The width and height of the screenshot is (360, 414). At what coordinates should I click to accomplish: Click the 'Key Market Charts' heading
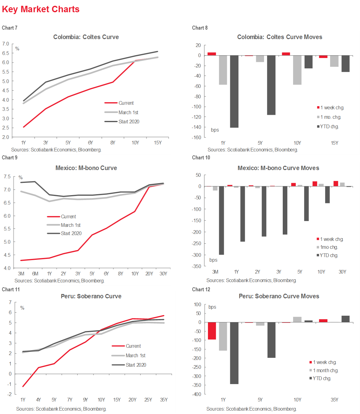[x=41, y=9]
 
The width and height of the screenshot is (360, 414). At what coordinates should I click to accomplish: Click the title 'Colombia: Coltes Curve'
[x=86, y=37]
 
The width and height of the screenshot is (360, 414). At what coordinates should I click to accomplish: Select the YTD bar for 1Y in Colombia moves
[x=234, y=91]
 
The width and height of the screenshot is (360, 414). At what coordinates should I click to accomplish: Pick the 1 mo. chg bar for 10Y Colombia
[x=297, y=70]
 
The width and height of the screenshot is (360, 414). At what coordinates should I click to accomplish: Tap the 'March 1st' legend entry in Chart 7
[x=128, y=112]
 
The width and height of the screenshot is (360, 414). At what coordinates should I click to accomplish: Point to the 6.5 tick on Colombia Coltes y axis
[x=6, y=53]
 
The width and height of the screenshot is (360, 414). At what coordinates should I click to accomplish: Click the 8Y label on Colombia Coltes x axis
[x=113, y=143]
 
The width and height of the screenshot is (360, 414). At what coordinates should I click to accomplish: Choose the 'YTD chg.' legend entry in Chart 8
[x=329, y=126]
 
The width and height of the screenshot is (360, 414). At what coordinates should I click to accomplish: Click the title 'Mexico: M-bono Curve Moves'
[x=278, y=168]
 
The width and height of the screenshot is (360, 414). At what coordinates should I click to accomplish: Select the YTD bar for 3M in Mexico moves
[x=221, y=220]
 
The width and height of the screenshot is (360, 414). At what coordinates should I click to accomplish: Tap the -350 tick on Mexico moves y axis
[x=197, y=266]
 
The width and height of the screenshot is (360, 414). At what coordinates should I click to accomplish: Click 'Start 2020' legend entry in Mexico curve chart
[x=71, y=233]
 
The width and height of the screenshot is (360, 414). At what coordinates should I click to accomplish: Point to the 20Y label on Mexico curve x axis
[x=149, y=274]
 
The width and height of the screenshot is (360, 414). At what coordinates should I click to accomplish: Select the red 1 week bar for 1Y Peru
[x=212, y=331]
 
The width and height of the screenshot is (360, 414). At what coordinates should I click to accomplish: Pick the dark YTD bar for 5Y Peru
[x=271, y=340]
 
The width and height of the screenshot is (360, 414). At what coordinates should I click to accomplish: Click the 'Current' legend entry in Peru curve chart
[x=133, y=346]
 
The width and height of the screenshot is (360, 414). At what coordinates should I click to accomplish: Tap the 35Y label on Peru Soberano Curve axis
[x=164, y=400]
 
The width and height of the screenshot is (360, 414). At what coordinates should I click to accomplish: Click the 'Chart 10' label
[x=201, y=158]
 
